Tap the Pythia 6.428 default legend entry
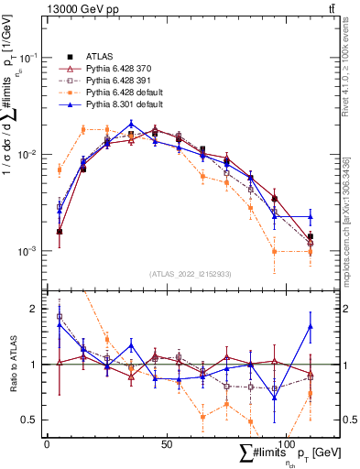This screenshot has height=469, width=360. [125, 93]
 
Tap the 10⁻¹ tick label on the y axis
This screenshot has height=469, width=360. [32, 57]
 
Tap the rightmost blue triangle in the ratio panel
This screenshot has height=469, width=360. [311, 326]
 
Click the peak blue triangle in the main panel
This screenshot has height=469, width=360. [132, 124]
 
